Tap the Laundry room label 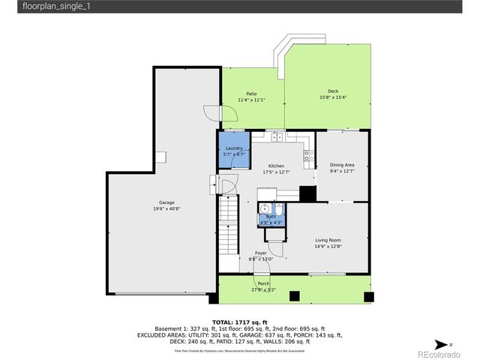pyautogui.click(x=234, y=148)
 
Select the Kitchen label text pyautogui.click(x=277, y=166)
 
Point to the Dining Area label pyautogui.click(x=342, y=166)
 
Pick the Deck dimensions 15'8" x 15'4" pyautogui.click(x=332, y=97)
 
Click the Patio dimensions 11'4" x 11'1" pyautogui.click(x=252, y=100)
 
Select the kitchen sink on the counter pyautogui.click(x=276, y=137)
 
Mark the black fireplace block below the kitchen pyautogui.click(x=307, y=193)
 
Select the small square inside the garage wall pyautogui.click(x=160, y=156)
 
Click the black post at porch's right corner pyautogui.click(x=368, y=297)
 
